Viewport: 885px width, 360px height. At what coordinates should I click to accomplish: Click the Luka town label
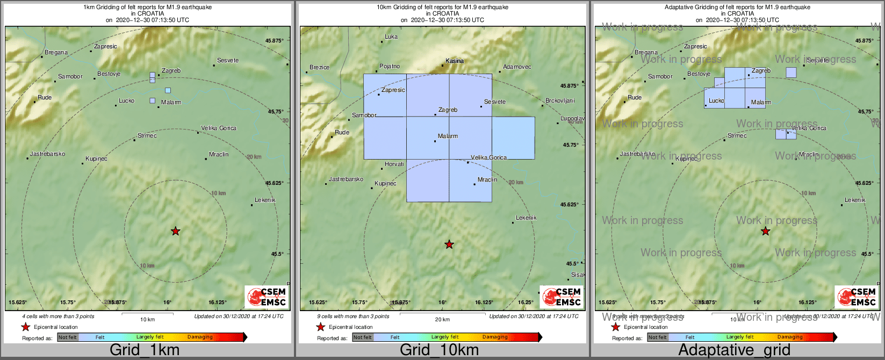391,37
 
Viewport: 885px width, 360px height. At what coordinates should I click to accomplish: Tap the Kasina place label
455,61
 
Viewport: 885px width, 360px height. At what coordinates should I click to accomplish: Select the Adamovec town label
517,67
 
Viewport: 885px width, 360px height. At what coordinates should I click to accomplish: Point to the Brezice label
320,68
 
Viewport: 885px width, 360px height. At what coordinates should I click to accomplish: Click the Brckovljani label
560,101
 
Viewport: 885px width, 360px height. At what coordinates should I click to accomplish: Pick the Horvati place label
394,164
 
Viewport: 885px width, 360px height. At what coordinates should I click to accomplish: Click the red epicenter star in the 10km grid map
449,244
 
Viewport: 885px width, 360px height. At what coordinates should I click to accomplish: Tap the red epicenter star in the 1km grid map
176,231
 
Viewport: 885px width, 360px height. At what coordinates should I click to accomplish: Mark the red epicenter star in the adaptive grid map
766,231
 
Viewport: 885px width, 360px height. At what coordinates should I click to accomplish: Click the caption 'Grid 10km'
439,350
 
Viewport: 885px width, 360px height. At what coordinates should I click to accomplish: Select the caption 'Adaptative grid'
734,350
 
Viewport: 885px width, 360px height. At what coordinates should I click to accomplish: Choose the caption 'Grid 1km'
145,350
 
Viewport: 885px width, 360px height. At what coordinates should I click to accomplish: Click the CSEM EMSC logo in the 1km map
267,297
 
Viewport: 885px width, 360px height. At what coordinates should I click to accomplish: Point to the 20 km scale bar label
442,320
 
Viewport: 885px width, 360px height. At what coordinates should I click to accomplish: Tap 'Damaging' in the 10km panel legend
495,337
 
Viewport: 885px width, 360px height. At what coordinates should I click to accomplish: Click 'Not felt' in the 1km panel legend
68,337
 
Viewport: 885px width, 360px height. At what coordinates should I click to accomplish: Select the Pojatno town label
390,67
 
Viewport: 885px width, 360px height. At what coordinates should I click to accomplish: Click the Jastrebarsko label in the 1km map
47,154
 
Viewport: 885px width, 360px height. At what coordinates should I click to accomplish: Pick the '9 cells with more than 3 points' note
352,316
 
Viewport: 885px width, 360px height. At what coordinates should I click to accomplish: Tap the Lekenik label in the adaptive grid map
855,200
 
